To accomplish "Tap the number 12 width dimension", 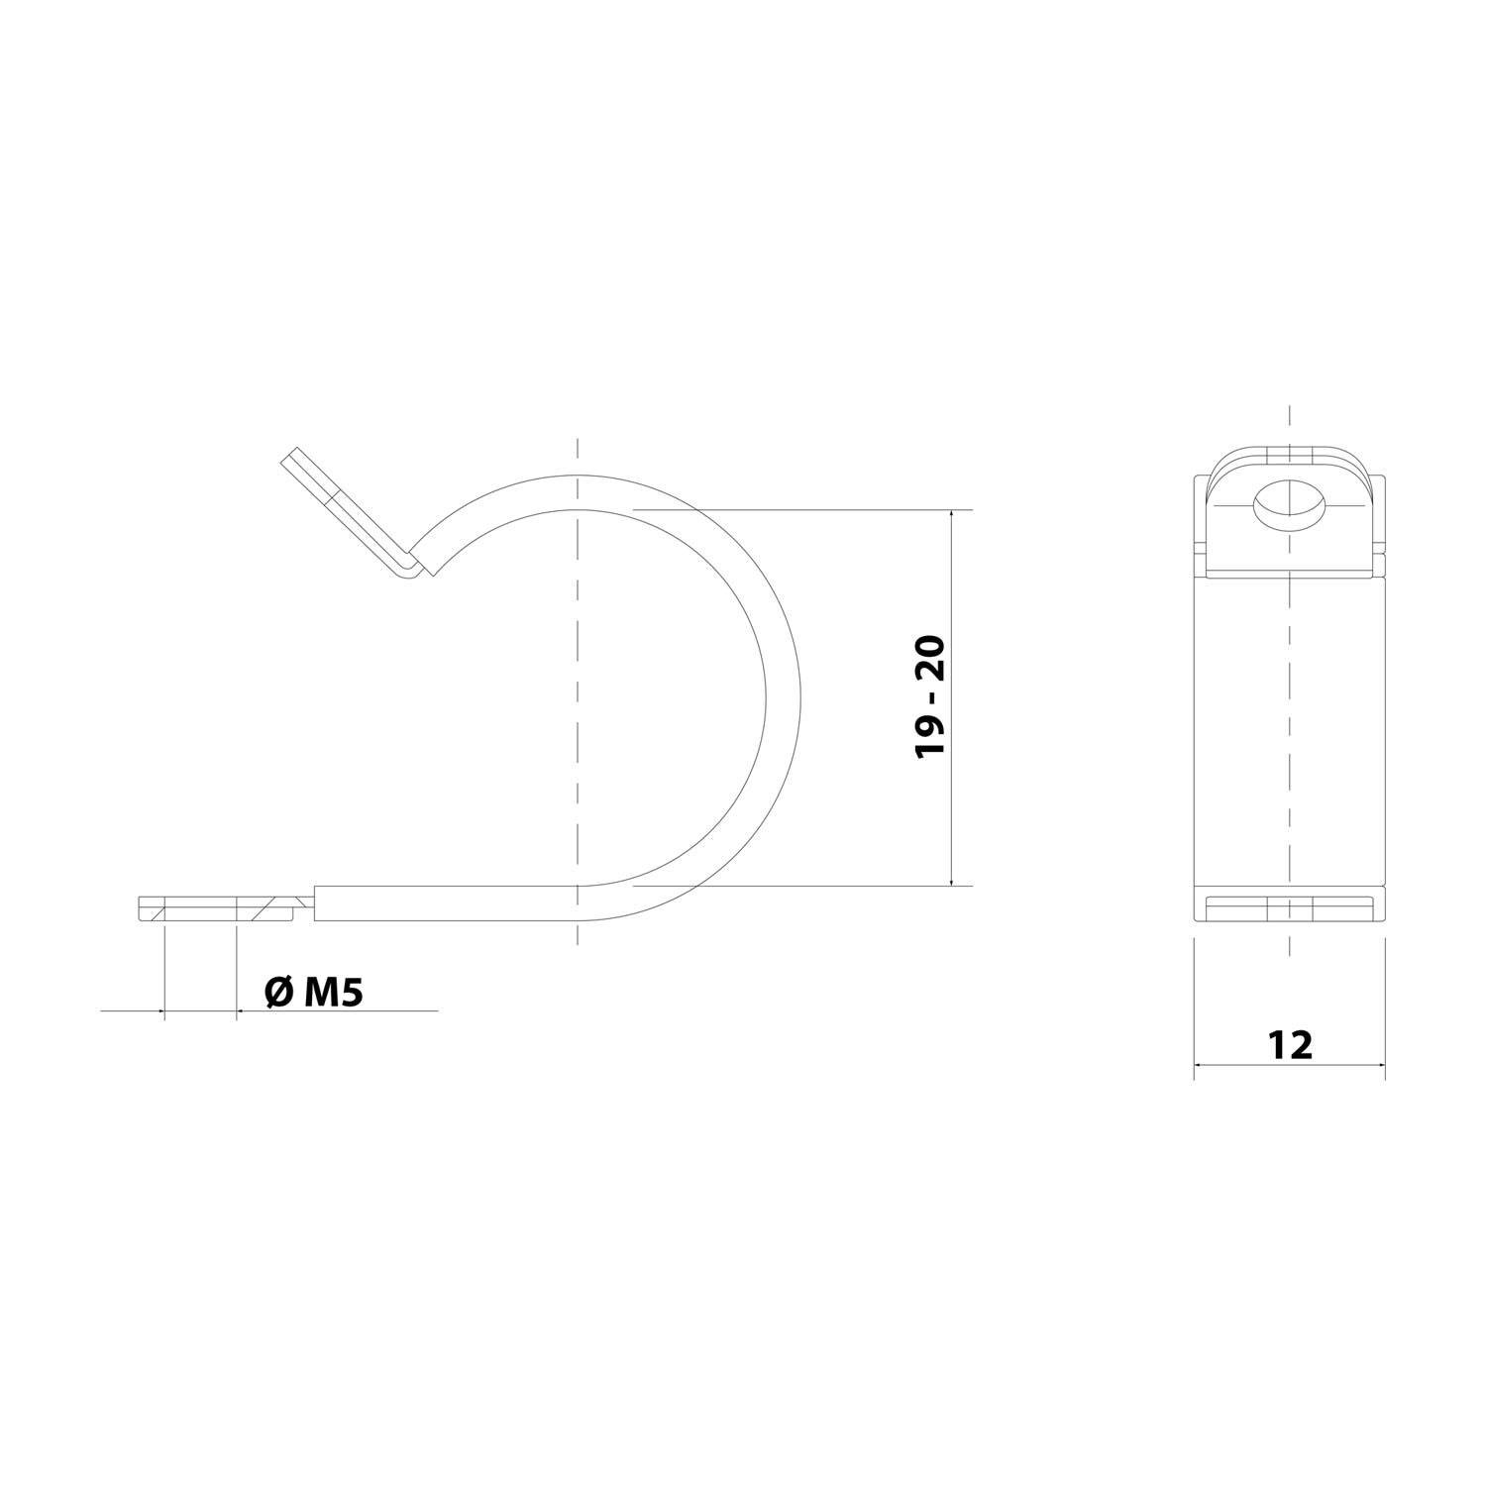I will [1290, 1044].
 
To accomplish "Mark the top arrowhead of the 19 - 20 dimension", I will [952, 516].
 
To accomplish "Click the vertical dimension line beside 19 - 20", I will [952, 793].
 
